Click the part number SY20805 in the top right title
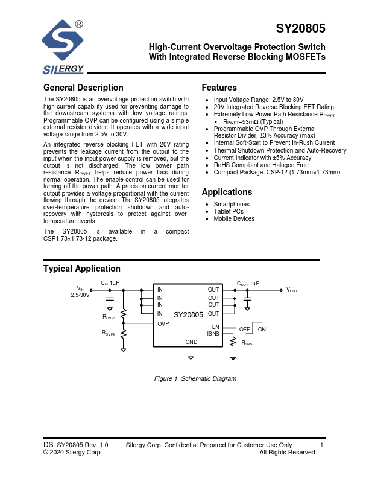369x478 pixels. [300, 28]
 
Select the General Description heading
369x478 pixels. [83, 88]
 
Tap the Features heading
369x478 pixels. [219, 88]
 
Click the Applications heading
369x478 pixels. [227, 192]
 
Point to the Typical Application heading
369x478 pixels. [82, 269]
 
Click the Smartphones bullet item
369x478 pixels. [232, 205]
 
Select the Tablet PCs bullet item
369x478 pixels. [229, 212]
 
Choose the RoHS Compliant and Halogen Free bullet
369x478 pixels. [261, 165]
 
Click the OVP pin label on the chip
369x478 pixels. [163, 324]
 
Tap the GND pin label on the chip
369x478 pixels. [191, 342]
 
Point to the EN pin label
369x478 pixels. [215, 327]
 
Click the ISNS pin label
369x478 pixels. [213, 334]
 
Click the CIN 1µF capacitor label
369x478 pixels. [110, 283]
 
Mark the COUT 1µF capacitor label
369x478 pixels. [247, 283]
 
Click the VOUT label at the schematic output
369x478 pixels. [292, 290]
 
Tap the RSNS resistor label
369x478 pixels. [247, 343]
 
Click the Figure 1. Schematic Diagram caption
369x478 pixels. [195, 378]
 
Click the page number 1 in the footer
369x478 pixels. [323, 445]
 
